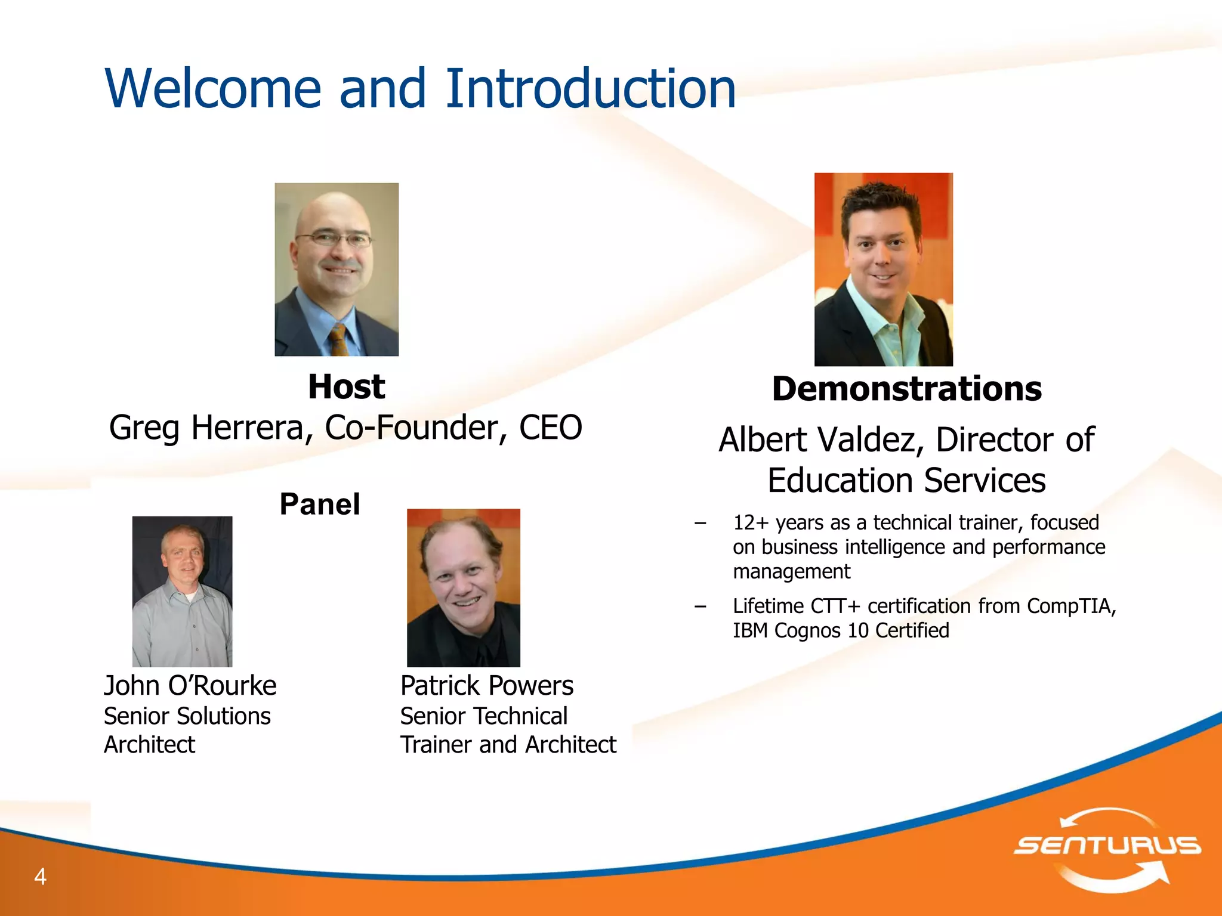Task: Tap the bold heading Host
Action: point(346,386)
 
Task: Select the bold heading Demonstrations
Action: point(906,389)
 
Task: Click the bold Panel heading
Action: point(320,504)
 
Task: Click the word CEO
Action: point(550,428)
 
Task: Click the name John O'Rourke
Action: point(190,685)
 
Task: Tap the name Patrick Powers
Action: point(486,685)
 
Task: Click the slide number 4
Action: point(40,876)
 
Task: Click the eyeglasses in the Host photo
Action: point(333,240)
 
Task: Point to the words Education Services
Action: point(906,481)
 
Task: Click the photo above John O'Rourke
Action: point(182,591)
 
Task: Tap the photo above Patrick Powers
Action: point(463,587)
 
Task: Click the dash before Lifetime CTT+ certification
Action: point(701,606)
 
